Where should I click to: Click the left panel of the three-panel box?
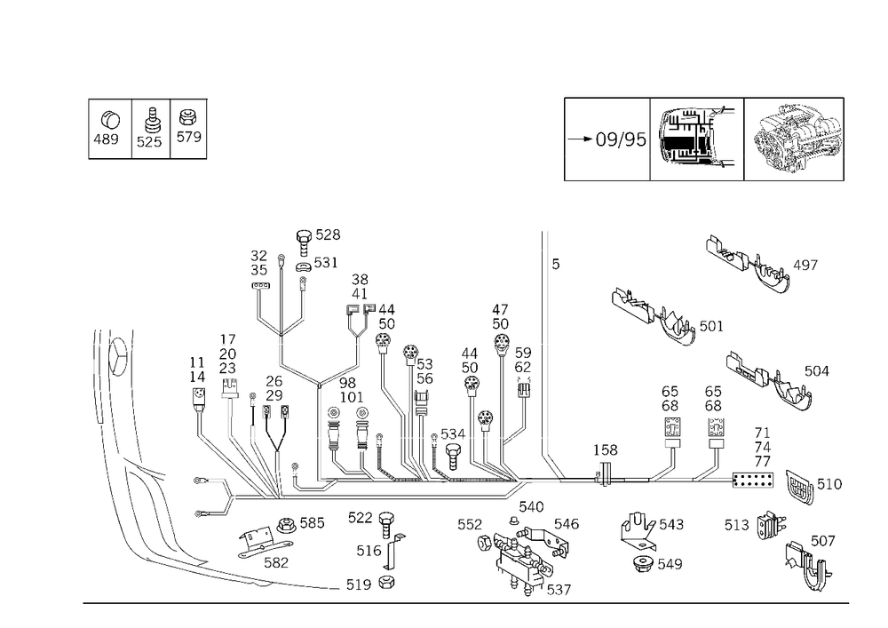(x=110, y=130)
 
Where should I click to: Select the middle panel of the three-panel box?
(x=151, y=130)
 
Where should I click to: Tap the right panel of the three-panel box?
(x=188, y=130)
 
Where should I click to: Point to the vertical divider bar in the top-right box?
(x=653, y=139)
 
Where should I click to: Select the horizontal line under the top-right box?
(x=703, y=183)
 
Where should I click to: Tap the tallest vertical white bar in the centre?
(x=547, y=346)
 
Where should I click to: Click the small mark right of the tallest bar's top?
(x=556, y=266)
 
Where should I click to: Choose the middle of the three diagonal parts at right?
(x=662, y=315)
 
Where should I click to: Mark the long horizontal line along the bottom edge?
(x=466, y=603)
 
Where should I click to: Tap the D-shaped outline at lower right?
(x=769, y=526)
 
